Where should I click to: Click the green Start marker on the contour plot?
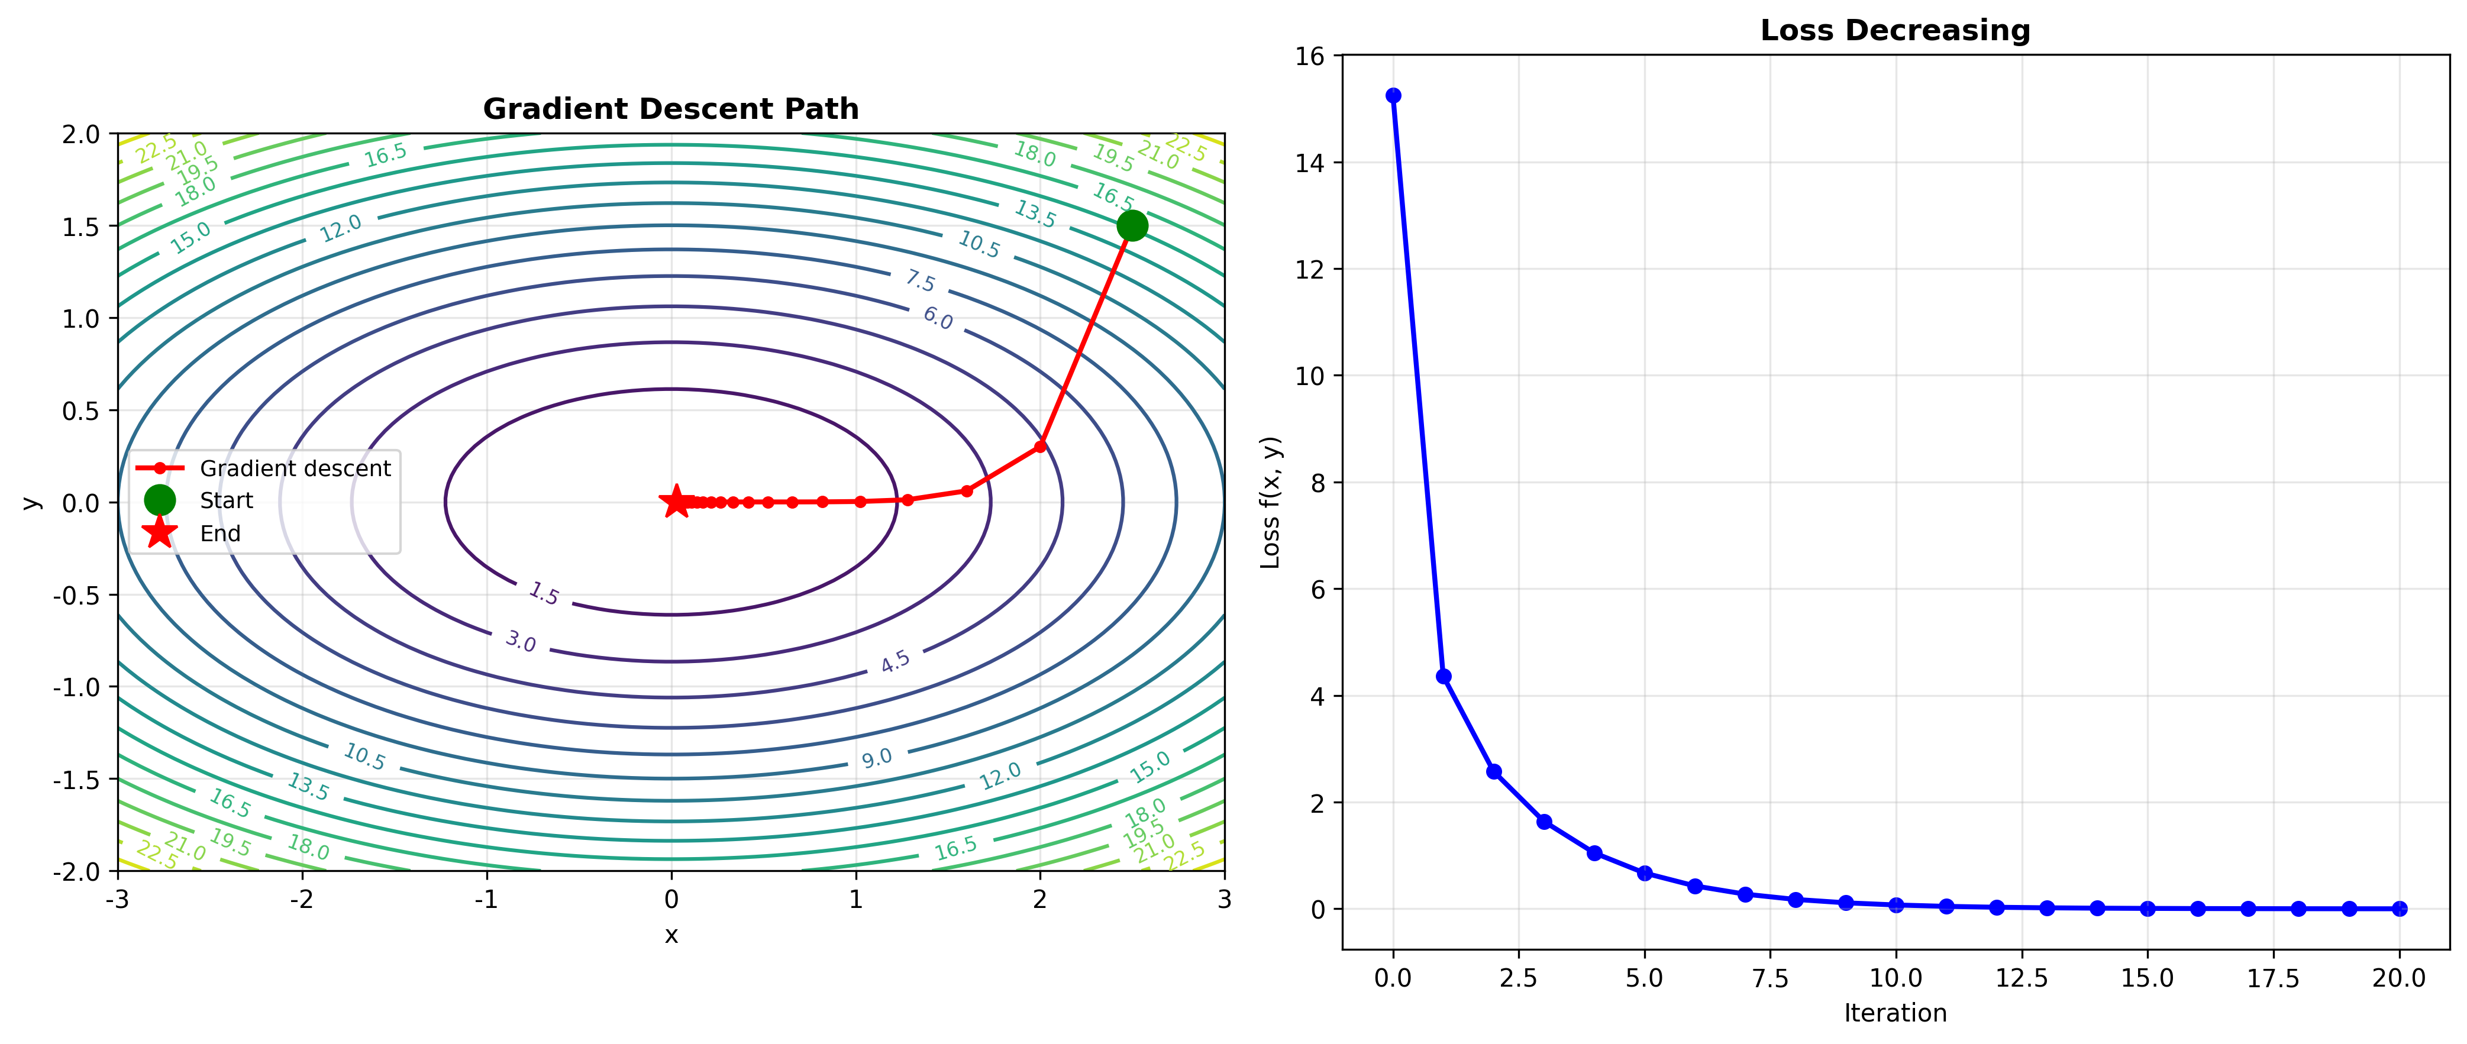point(1132,226)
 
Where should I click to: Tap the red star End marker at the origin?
point(676,501)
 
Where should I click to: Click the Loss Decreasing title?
point(1894,31)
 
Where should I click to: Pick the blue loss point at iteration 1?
point(1444,676)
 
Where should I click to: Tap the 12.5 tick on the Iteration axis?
point(2022,978)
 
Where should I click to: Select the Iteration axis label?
point(1894,1013)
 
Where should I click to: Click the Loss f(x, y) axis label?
point(1270,503)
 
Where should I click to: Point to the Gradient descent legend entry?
point(295,468)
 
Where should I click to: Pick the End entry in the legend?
point(220,534)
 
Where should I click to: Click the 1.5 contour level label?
point(544,594)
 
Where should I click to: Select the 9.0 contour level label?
point(876,758)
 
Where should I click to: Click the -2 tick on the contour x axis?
point(303,899)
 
